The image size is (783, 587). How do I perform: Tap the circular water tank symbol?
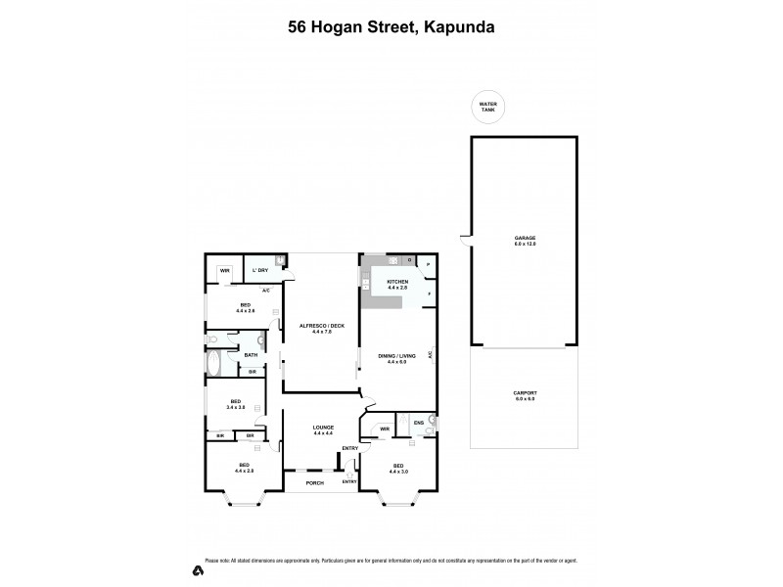[486, 106]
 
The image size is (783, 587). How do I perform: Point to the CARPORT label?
[525, 393]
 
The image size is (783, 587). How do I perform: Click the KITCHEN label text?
[395, 282]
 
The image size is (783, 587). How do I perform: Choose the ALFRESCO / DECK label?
[321, 326]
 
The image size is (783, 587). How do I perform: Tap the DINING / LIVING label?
[396, 355]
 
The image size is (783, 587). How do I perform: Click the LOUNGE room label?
[322, 427]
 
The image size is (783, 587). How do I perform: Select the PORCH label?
[314, 482]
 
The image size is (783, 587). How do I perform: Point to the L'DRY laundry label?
[259, 270]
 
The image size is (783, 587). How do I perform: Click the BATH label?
[252, 355]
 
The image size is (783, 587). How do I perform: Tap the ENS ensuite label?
[418, 424]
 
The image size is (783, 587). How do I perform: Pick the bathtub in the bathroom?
[214, 363]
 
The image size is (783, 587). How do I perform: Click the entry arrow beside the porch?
[349, 475]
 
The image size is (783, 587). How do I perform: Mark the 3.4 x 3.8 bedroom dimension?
[235, 407]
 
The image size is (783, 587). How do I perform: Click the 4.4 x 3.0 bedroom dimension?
[397, 472]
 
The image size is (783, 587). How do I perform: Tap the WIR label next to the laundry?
[224, 270]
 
